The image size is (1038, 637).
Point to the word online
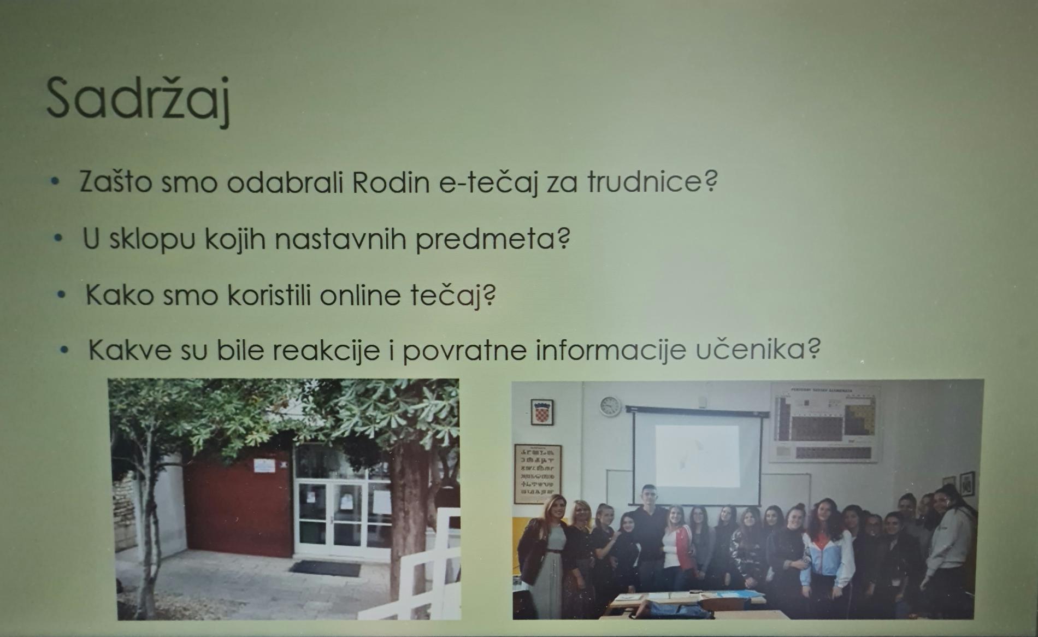[x=359, y=296]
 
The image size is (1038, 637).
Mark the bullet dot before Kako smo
[x=62, y=295]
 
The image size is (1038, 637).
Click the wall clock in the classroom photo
[x=610, y=406]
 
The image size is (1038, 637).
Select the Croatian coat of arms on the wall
[x=542, y=412]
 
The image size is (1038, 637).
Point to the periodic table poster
[x=825, y=423]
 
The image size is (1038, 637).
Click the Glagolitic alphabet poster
[x=537, y=473]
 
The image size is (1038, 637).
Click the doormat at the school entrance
[x=325, y=569]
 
